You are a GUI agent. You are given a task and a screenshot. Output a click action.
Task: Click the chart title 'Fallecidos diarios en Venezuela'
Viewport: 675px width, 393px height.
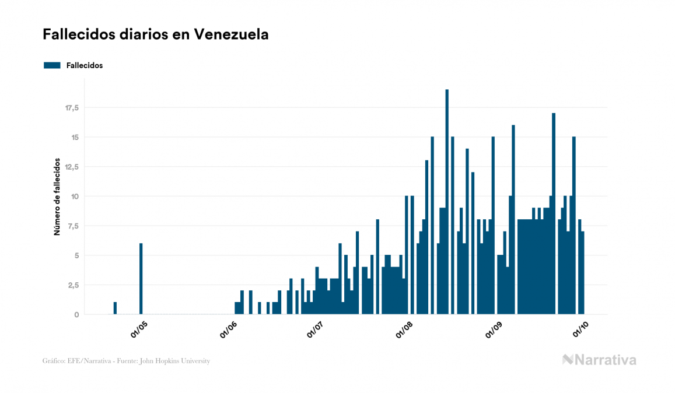155,34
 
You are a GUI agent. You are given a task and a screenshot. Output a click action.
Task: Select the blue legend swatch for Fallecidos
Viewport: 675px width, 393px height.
52,65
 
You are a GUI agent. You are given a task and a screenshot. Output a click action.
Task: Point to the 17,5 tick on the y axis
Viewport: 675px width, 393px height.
72,108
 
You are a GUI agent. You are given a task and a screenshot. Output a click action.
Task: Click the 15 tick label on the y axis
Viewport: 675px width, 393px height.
75,137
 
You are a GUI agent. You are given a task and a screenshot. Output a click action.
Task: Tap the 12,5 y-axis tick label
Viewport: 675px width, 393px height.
72,167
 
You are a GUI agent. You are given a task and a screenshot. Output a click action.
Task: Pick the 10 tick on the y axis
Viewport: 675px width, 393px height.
75,196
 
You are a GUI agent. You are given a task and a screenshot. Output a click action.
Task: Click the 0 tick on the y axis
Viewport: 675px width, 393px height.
76,314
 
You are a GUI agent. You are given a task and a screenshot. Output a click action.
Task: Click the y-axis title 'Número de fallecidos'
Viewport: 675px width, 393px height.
57,196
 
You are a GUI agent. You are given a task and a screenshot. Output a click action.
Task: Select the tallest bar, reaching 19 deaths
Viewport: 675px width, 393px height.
447,202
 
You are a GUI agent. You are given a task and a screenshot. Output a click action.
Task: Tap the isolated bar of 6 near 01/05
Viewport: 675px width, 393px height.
141,279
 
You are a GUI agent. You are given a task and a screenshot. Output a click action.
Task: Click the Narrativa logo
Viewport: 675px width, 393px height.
599,360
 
